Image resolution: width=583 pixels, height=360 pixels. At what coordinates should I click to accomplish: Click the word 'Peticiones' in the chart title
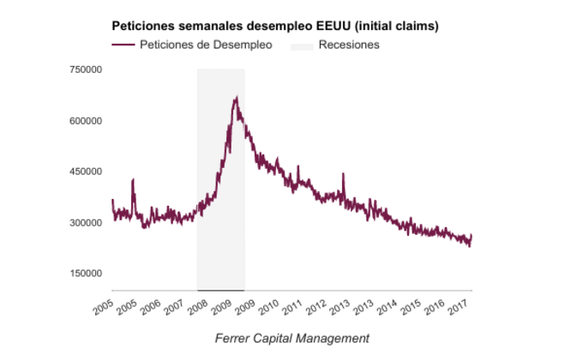tap(142, 26)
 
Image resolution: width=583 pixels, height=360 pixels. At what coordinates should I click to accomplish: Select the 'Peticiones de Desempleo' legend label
tap(206, 45)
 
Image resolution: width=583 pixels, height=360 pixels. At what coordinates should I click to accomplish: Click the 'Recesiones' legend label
tap(349, 45)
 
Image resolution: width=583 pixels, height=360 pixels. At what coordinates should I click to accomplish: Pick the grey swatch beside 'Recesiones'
tap(301, 45)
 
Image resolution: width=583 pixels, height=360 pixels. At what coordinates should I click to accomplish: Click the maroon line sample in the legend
tap(123, 45)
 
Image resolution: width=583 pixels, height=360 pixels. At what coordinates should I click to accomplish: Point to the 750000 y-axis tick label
tap(86, 69)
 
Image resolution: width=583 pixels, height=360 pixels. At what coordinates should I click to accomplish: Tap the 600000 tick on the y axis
tap(86, 121)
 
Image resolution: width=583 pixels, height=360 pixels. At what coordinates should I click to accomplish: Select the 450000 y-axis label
tap(86, 171)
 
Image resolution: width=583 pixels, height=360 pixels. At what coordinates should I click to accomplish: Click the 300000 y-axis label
tap(86, 223)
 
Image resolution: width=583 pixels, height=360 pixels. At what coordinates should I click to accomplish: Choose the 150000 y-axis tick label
tap(86, 273)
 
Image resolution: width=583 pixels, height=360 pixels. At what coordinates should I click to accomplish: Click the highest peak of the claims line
tap(235, 98)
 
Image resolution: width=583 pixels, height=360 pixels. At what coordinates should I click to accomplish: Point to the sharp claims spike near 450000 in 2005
tap(133, 180)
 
